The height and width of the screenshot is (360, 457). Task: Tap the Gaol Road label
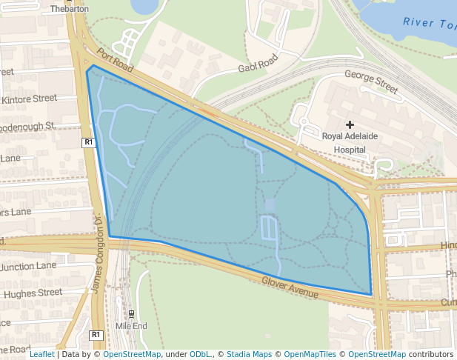[x=258, y=63]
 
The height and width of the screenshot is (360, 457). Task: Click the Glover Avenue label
[x=290, y=287]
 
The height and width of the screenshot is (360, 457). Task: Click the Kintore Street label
[x=30, y=99]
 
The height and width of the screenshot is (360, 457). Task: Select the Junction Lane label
[x=28, y=266]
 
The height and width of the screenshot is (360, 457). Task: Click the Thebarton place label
[x=69, y=9]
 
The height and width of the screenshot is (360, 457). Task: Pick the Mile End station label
[x=131, y=326]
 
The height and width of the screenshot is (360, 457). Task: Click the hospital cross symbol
[x=350, y=124]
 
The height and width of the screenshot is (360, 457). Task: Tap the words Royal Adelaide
[x=350, y=136]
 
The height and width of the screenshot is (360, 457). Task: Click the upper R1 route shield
[x=88, y=141]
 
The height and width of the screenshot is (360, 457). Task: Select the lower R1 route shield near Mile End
[x=95, y=336]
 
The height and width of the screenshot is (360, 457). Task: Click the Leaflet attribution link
[x=41, y=354]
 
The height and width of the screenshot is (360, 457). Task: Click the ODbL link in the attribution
[x=200, y=354]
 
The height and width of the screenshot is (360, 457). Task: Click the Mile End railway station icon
[x=131, y=314]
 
